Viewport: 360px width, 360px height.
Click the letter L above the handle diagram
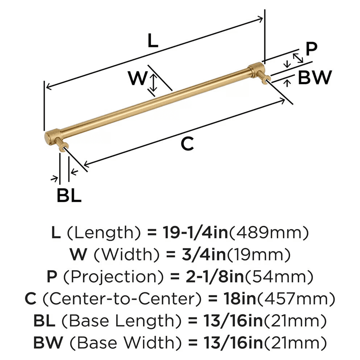153,42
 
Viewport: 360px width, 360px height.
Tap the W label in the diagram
138,78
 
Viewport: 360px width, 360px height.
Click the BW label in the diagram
314,77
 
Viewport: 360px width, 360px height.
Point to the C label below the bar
187,144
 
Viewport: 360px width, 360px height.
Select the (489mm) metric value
269,234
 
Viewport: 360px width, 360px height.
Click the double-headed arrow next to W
154,82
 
